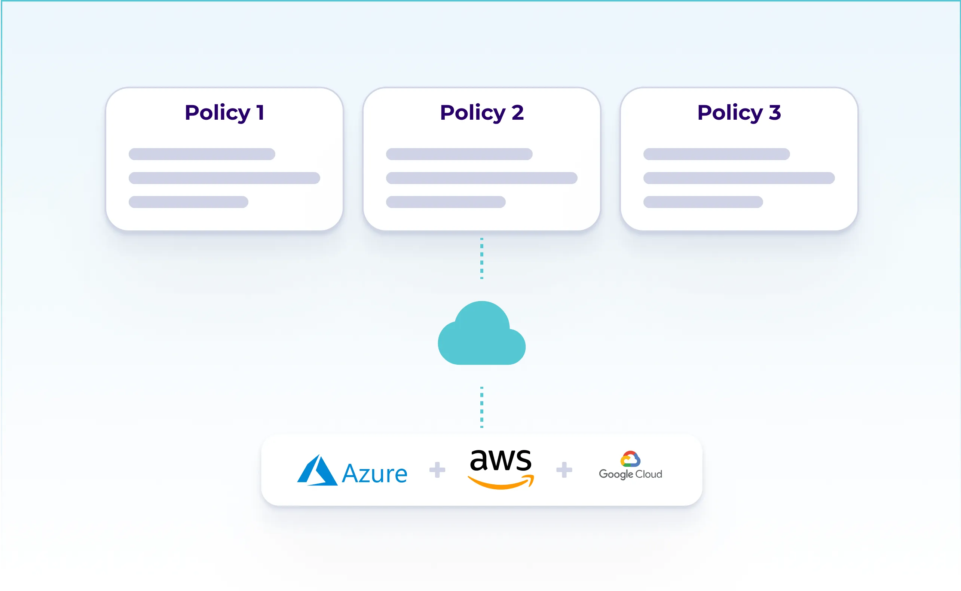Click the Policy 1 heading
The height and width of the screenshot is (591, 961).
point(224,113)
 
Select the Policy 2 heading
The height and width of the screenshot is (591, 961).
point(481,113)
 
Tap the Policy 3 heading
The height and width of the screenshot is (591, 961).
point(739,113)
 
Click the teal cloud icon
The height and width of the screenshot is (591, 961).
point(481,336)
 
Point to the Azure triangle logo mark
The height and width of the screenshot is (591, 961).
point(317,471)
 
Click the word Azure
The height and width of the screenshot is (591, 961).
point(374,474)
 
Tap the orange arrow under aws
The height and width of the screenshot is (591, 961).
point(501,483)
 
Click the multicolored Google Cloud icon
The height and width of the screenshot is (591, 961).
point(630,459)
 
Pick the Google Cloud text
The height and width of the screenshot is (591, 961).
point(630,474)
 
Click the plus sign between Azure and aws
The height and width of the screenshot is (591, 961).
point(437,470)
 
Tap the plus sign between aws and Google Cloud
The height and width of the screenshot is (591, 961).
point(564,470)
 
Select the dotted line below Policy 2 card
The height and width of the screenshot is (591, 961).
point(481,258)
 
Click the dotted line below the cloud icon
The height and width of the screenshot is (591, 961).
point(481,407)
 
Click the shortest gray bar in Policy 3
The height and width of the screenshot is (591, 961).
point(703,202)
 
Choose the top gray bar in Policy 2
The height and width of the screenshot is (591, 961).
point(459,154)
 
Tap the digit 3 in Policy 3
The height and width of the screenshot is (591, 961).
point(775,113)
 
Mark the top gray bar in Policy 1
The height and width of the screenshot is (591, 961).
point(202,154)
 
